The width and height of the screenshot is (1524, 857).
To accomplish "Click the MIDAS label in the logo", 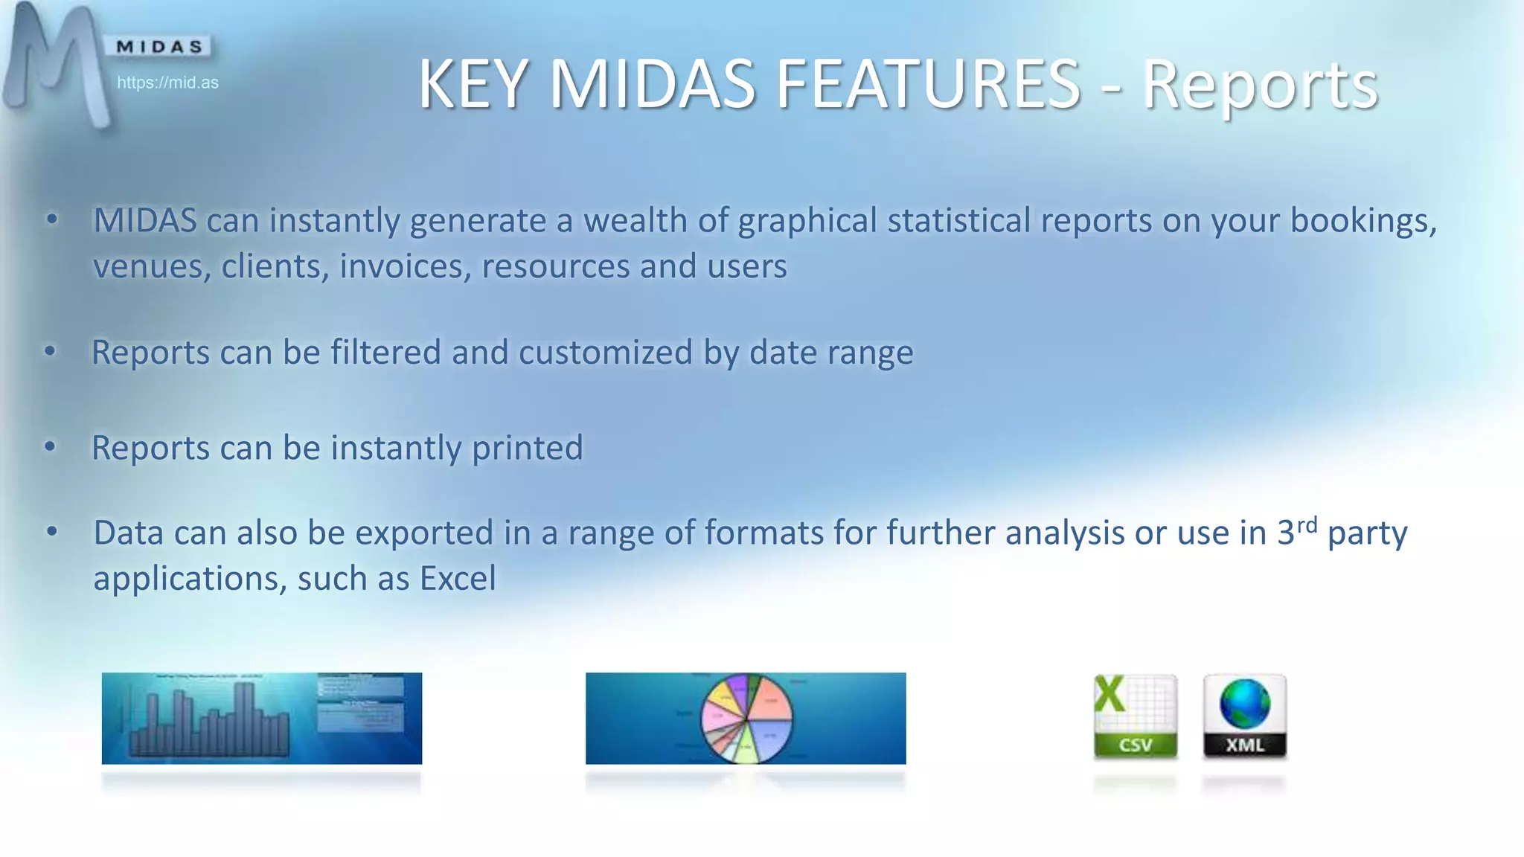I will pos(159,47).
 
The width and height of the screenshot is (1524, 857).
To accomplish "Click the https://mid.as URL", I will pos(167,83).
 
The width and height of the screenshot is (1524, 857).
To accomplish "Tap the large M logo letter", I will pos(56,63).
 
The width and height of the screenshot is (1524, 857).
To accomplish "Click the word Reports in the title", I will pos(1259,86).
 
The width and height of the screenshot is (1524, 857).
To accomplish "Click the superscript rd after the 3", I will pos(1307,524).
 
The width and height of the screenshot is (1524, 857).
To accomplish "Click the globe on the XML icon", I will pos(1244,704).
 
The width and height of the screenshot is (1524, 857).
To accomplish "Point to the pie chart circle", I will pos(746,719).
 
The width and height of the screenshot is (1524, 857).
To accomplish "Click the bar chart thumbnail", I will pos(261,719).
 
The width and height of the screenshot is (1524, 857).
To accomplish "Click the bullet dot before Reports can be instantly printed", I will pos(50,447).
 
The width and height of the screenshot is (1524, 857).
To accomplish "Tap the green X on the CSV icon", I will pos(1109,693).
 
